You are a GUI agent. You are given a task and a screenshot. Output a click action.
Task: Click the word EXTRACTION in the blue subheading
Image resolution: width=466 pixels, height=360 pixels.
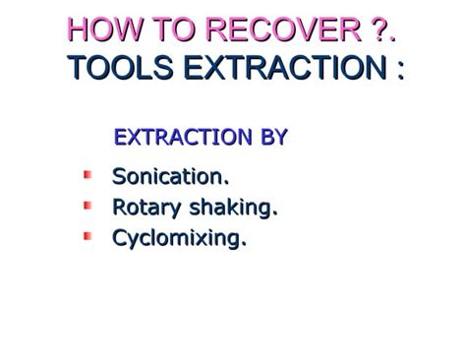tap(183, 138)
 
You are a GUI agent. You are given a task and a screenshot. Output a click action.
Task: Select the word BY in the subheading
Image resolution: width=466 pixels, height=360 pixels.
tap(272, 138)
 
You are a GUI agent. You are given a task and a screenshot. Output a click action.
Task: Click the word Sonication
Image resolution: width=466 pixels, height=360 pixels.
tap(171, 178)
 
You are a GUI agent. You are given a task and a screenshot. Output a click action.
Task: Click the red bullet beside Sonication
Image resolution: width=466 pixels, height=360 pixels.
tap(87, 176)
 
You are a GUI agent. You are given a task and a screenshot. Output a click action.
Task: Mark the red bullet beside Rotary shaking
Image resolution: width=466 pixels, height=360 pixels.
tap(87, 206)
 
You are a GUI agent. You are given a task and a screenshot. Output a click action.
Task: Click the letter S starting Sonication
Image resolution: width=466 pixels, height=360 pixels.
tap(119, 178)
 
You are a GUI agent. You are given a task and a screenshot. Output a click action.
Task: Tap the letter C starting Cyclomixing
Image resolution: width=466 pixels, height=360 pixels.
tap(120, 238)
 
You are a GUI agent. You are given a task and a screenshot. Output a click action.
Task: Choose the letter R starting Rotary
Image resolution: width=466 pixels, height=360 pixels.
tap(120, 208)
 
